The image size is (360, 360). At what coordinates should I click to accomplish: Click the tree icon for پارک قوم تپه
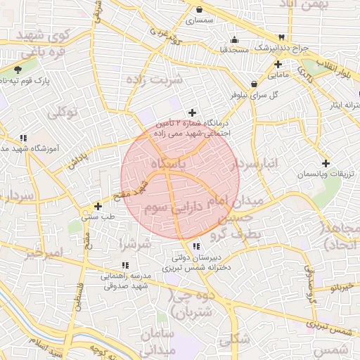tap(18, 70)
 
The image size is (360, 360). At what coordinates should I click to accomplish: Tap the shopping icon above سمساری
tap(200, 10)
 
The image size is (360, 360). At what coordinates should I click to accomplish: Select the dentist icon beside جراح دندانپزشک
tap(281, 37)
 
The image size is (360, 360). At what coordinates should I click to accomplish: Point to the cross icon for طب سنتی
tap(98, 207)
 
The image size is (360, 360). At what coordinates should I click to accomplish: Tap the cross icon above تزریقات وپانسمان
tap(326, 163)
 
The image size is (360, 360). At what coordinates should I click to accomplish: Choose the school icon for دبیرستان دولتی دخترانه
tap(195, 246)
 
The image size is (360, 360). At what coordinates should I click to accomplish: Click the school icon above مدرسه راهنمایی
tap(125, 265)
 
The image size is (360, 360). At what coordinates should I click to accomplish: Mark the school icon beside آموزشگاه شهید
tap(23, 139)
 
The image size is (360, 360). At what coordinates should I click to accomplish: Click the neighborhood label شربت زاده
tap(154, 79)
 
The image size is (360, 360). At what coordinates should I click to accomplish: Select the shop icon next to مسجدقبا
tap(234, 39)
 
